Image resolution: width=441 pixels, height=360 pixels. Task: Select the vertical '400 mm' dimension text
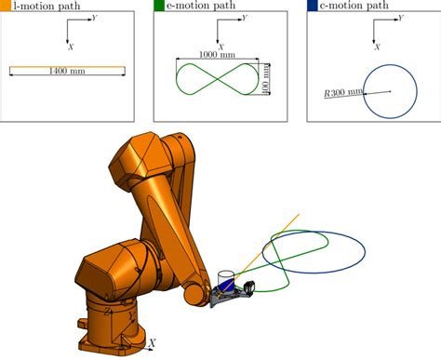pyautogui.click(x=267, y=79)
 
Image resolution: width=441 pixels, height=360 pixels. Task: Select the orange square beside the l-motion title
pyautogui.click(x=4, y=7)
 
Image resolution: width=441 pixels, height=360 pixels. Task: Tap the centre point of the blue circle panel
pyautogui.click(x=390, y=90)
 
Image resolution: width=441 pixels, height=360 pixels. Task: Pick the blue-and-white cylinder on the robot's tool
pyautogui.click(x=224, y=282)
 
